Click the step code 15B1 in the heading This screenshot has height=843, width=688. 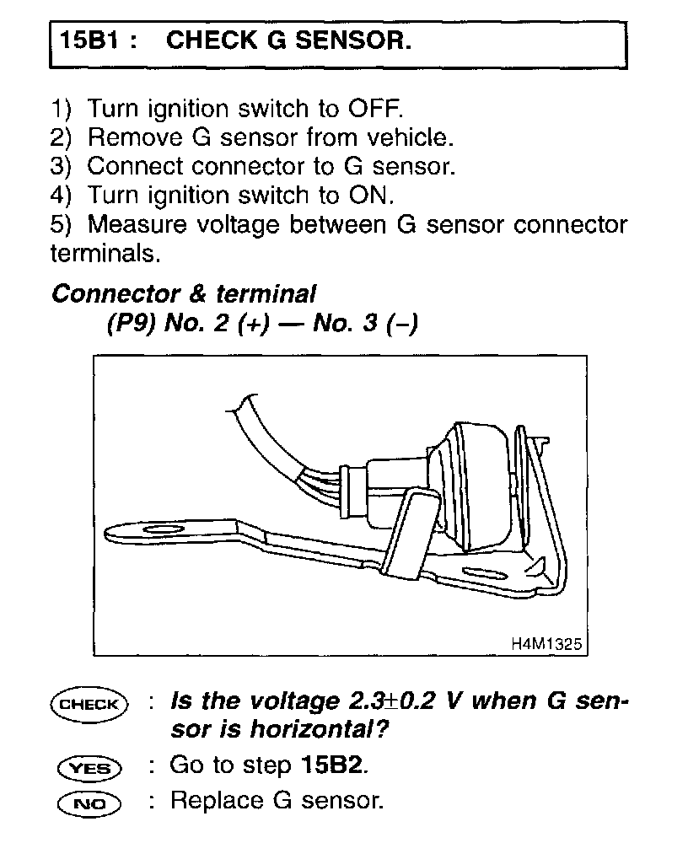click(87, 41)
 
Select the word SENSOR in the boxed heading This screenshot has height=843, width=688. click(358, 41)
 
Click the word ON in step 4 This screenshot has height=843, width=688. click(369, 195)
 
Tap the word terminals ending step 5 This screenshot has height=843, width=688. click(104, 253)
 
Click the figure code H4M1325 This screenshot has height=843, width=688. click(546, 643)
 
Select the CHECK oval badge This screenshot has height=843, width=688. click(89, 704)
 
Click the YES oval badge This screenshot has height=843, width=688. click(89, 768)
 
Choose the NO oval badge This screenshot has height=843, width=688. click(89, 803)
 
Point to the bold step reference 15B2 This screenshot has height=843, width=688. click(332, 766)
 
